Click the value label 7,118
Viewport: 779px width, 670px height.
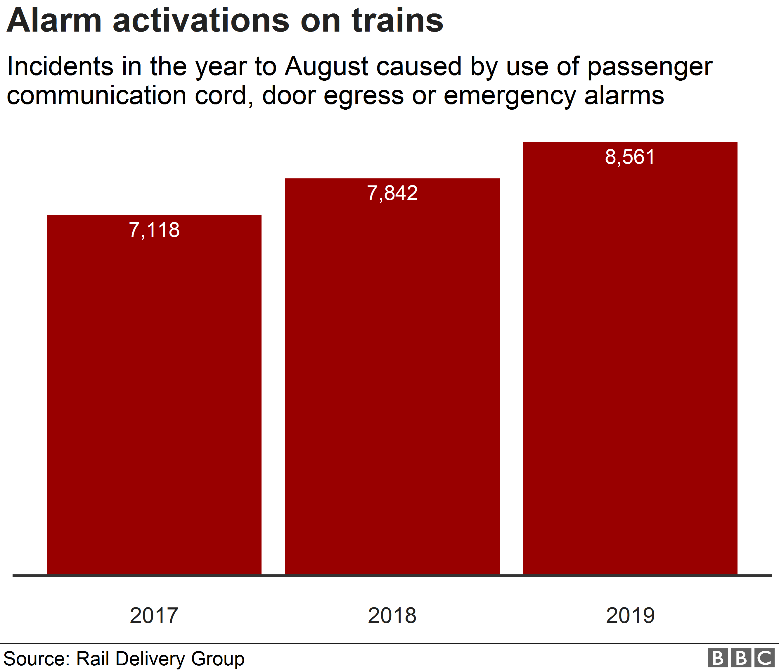[x=154, y=230]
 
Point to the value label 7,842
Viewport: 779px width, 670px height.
[x=392, y=193]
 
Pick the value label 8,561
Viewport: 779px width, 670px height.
[x=630, y=157]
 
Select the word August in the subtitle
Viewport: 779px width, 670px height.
[x=326, y=67]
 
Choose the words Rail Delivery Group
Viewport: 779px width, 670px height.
[x=160, y=659]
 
